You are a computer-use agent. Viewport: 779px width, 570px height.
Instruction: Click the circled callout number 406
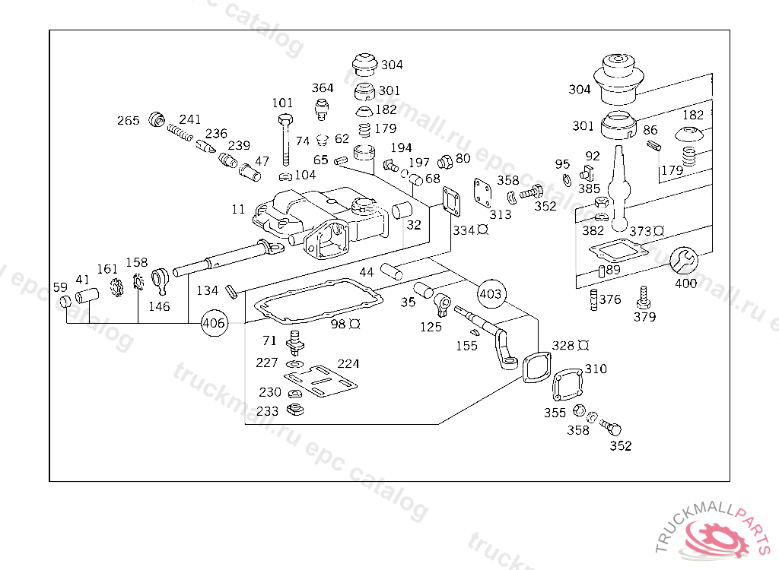pyautogui.click(x=214, y=323)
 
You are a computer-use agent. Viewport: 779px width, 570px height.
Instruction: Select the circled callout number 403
pyautogui.click(x=491, y=293)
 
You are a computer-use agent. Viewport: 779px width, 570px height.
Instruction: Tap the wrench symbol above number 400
pyautogui.click(x=684, y=260)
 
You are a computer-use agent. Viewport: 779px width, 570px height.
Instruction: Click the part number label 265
pyautogui.click(x=128, y=121)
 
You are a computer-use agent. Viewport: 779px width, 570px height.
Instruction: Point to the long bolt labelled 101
pyautogui.click(x=286, y=140)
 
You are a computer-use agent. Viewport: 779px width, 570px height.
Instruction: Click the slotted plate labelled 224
pyautogui.click(x=320, y=382)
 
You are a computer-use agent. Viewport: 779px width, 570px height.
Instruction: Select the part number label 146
pyautogui.click(x=159, y=306)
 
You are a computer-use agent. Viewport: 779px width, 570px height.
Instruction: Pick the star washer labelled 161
pyautogui.click(x=116, y=287)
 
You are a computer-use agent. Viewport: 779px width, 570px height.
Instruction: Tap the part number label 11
pyautogui.click(x=238, y=209)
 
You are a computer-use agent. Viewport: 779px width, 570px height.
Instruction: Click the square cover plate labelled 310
pyautogui.click(x=568, y=385)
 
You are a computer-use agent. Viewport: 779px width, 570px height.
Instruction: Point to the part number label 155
pyautogui.click(x=466, y=346)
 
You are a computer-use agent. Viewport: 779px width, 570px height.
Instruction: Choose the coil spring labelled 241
pyautogui.click(x=180, y=132)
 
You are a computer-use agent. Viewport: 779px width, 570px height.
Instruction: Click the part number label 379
pyautogui.click(x=644, y=317)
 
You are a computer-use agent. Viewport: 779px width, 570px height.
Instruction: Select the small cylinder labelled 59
pyautogui.click(x=65, y=301)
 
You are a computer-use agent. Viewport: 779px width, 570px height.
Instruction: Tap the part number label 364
pyautogui.click(x=323, y=88)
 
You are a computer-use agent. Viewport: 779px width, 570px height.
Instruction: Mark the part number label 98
pyautogui.click(x=338, y=324)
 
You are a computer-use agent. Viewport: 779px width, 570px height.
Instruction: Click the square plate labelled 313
pyautogui.click(x=483, y=192)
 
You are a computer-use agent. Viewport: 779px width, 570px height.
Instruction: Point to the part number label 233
pyautogui.click(x=267, y=411)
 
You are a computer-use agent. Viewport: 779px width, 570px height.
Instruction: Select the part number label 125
pyautogui.click(x=431, y=327)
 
